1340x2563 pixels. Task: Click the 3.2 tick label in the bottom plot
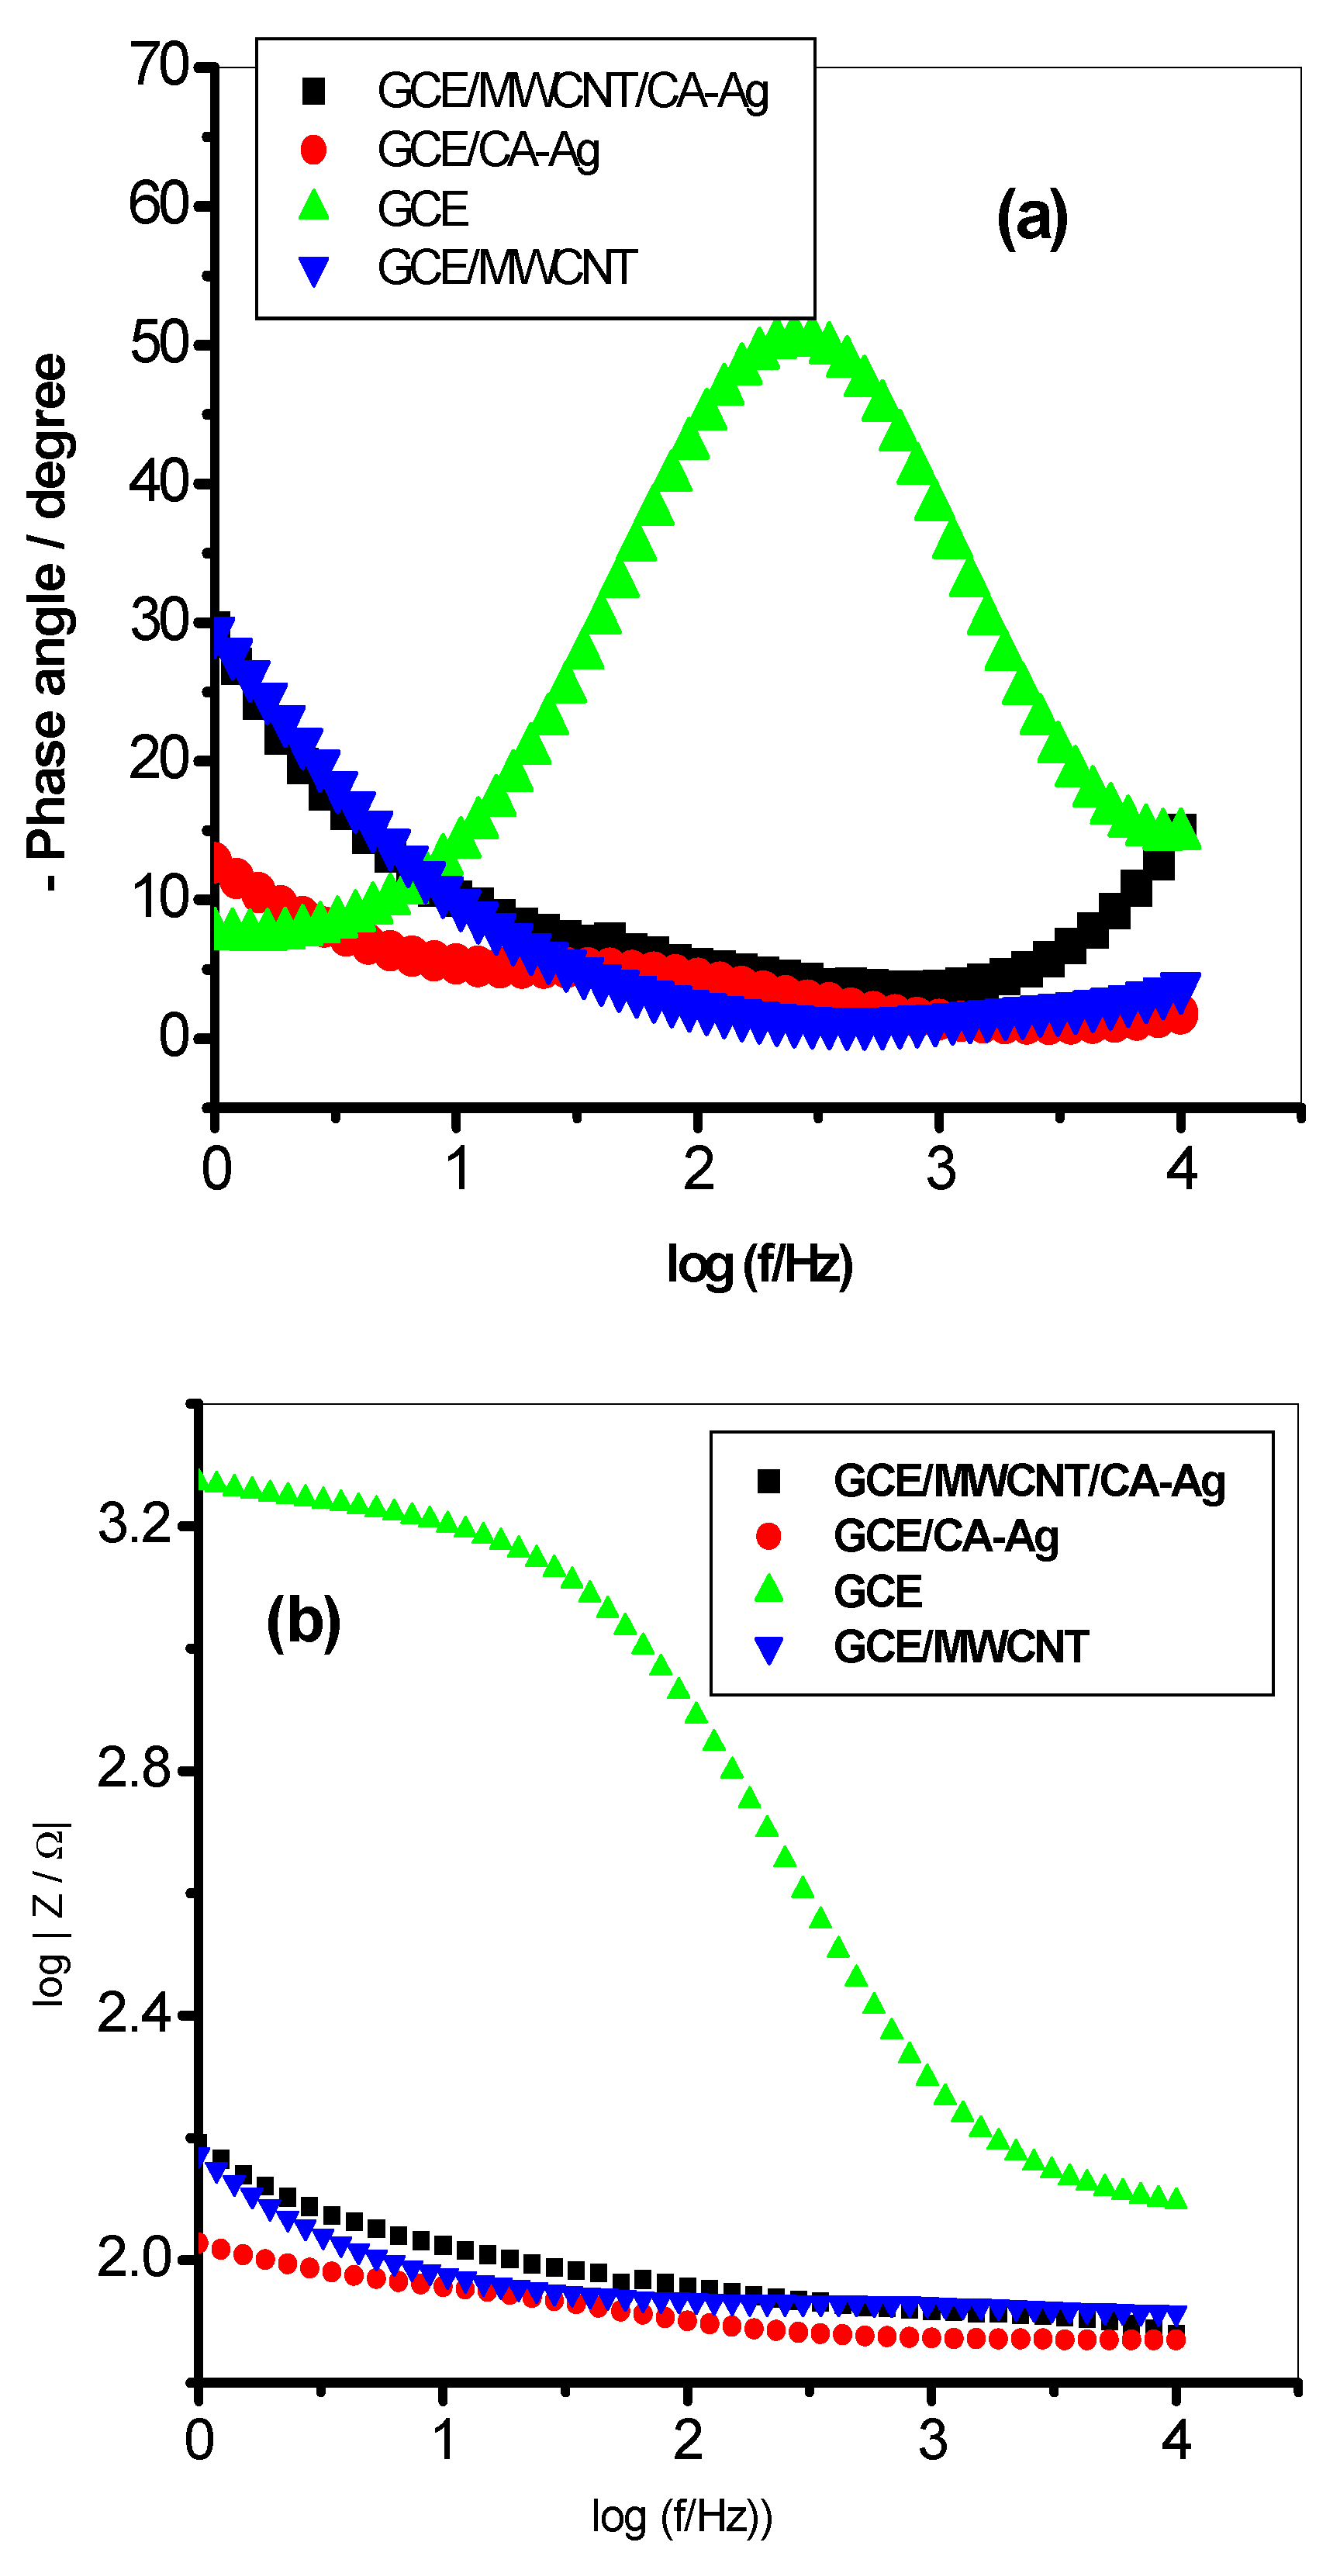point(135,1524)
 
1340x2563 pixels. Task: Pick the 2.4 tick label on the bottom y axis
point(135,2015)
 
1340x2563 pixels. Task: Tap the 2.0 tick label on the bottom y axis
point(135,2257)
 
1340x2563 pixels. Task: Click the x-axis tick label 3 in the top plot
point(940,1169)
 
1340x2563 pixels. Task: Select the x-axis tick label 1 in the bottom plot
point(444,2440)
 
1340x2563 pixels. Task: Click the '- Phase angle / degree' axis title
point(48,622)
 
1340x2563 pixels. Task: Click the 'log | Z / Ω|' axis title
point(50,1916)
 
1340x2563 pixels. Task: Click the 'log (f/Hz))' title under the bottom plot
point(682,2516)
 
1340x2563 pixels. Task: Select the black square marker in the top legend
point(313,92)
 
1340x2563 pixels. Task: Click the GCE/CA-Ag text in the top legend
point(489,150)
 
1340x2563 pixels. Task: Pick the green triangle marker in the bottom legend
point(768,1591)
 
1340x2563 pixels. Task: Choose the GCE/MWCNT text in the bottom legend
point(960,1647)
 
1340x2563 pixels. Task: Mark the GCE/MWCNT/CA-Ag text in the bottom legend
point(1028,1482)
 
